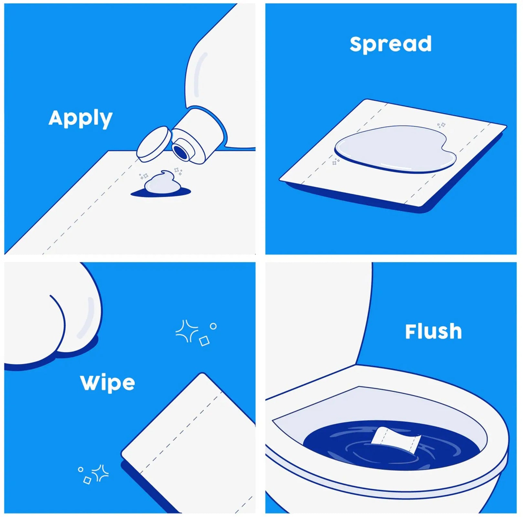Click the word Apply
[x=80, y=119]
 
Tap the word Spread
[x=390, y=44]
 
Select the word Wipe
[x=107, y=383]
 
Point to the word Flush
[x=433, y=332]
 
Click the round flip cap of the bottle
[x=154, y=144]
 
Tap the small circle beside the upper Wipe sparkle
[x=213, y=326]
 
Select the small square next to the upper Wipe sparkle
[x=204, y=341]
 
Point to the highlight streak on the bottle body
[x=199, y=75]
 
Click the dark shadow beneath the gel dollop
[x=161, y=193]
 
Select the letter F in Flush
[x=411, y=331]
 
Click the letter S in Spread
[x=357, y=44]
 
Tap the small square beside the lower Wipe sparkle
[x=87, y=480]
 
